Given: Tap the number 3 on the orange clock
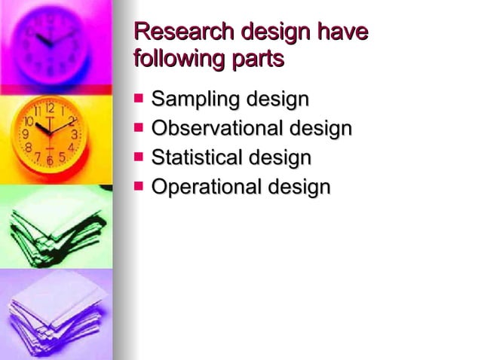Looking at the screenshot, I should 74,134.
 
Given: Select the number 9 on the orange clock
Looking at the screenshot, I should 25,134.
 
